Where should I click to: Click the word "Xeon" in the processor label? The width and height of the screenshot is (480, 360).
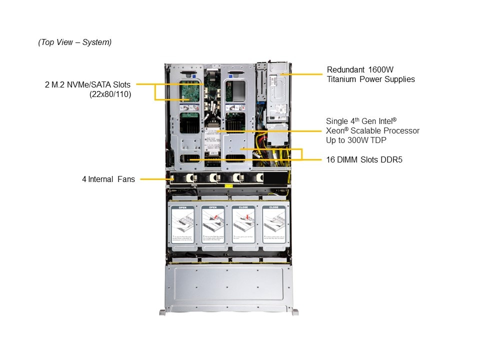[x=336, y=130]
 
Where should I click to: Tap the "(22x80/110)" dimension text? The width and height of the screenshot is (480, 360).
[x=110, y=93]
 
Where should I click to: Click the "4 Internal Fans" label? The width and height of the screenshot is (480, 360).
[x=108, y=179]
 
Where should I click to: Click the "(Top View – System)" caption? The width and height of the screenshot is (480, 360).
[x=75, y=42]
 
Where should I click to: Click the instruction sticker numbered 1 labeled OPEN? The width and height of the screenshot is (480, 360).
[x=182, y=227]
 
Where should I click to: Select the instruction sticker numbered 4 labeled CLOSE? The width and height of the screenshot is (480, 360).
[x=274, y=227]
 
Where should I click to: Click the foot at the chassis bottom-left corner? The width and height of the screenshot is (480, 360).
[x=162, y=312]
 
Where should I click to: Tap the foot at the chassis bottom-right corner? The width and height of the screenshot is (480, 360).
[x=295, y=312]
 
